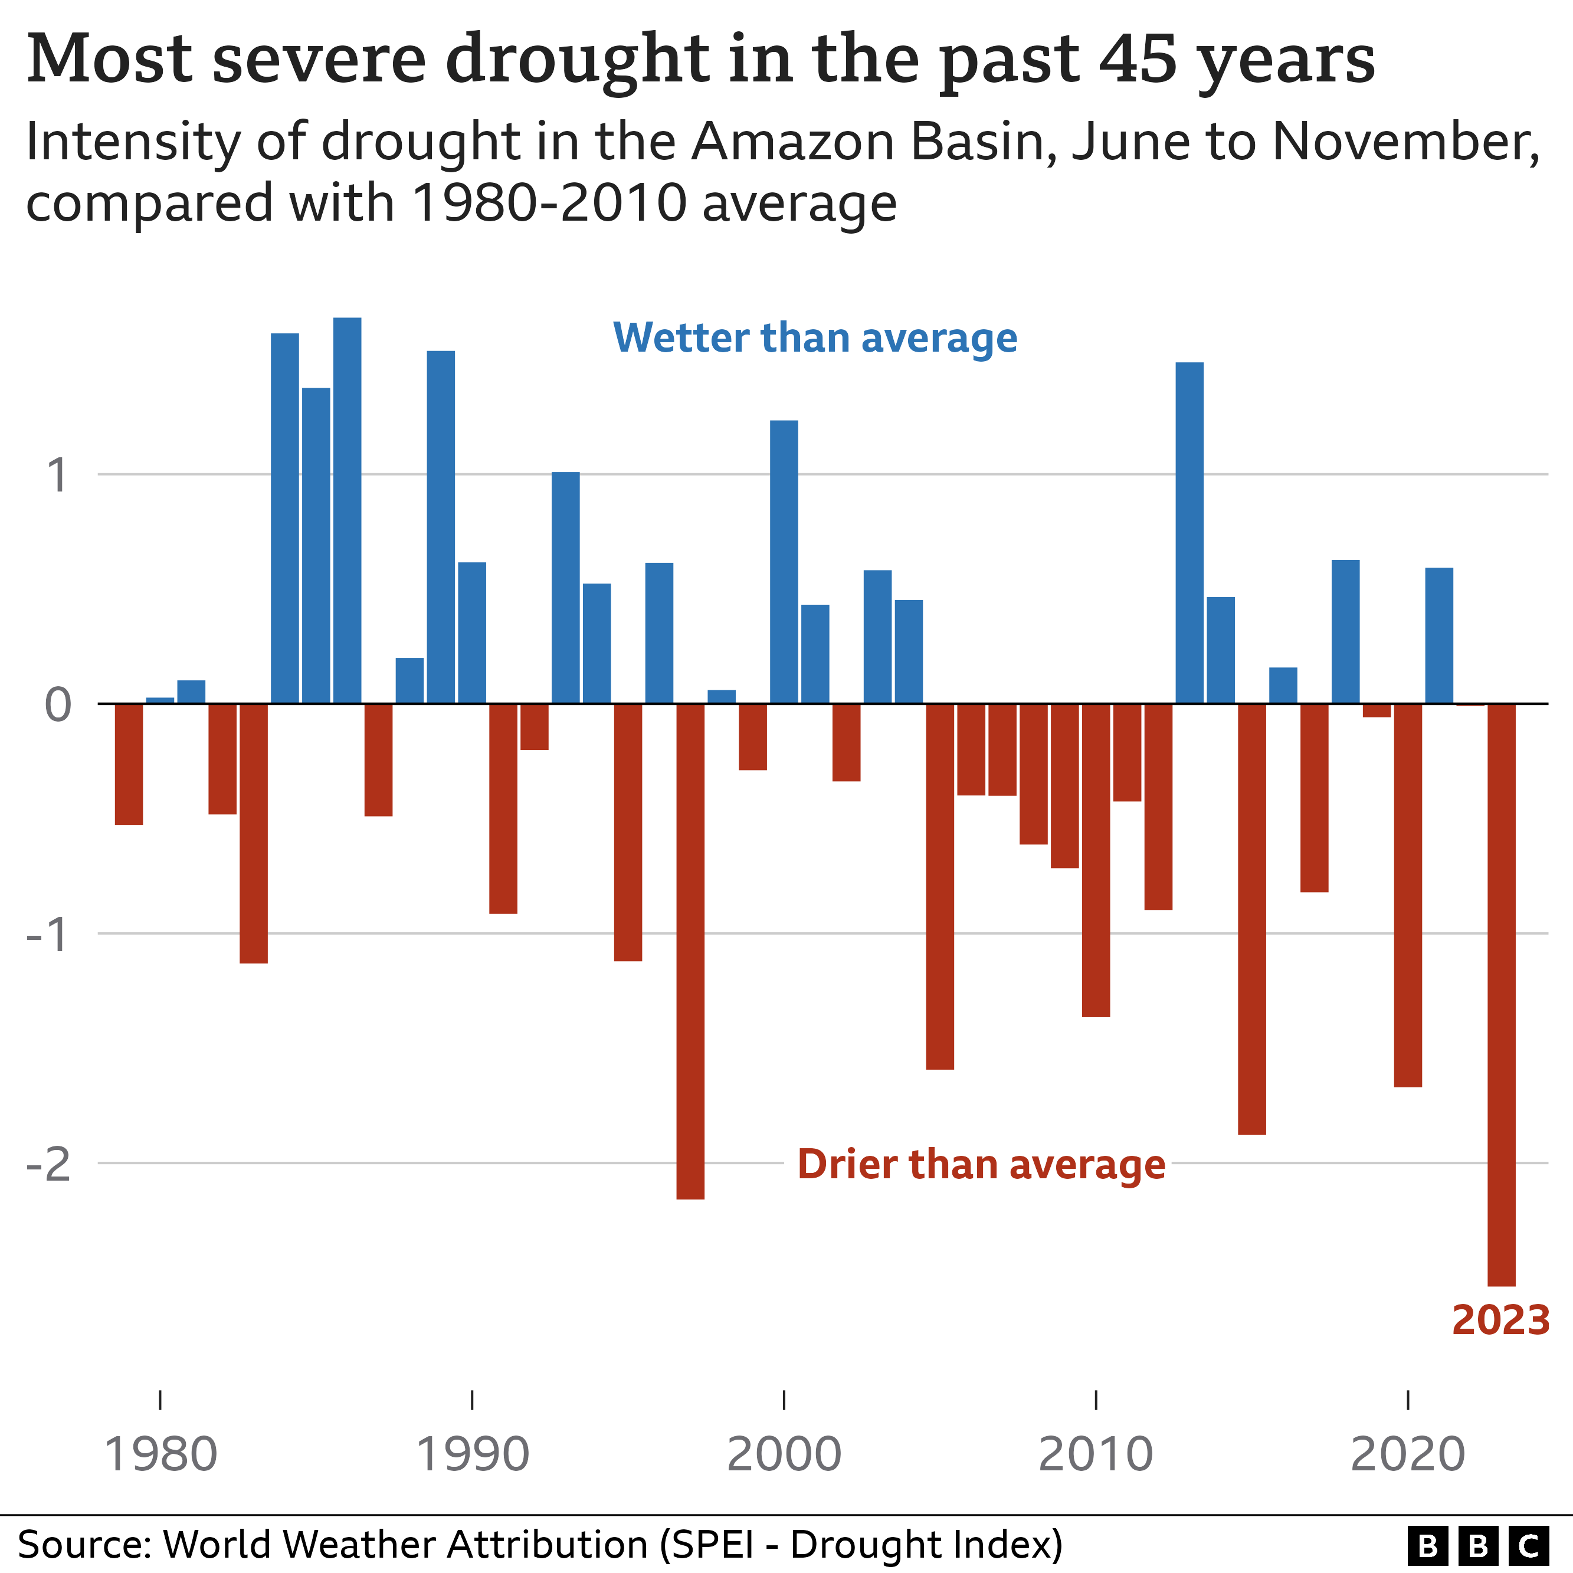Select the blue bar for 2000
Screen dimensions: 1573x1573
point(784,561)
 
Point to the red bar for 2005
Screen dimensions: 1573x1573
point(939,886)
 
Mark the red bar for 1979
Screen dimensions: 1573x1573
point(129,763)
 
